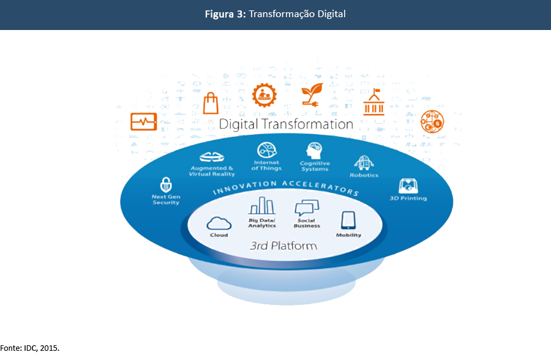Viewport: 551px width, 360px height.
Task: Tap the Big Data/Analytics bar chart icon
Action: (262, 206)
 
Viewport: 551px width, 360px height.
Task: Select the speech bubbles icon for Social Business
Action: (307, 208)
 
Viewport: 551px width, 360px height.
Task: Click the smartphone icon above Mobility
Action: (348, 220)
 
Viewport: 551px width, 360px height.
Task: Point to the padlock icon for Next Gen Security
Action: (165, 184)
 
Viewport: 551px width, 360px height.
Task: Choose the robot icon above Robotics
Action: (364, 163)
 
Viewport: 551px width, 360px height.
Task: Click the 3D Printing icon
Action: (408, 186)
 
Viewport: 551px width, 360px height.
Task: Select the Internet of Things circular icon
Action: (267, 150)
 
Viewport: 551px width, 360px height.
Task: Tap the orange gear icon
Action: (265, 95)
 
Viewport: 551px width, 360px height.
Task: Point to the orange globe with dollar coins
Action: (432, 122)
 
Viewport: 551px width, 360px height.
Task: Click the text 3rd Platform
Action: (283, 246)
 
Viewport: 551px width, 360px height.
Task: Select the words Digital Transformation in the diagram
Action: (286, 124)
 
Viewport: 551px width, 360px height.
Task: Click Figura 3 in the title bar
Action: (225, 14)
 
